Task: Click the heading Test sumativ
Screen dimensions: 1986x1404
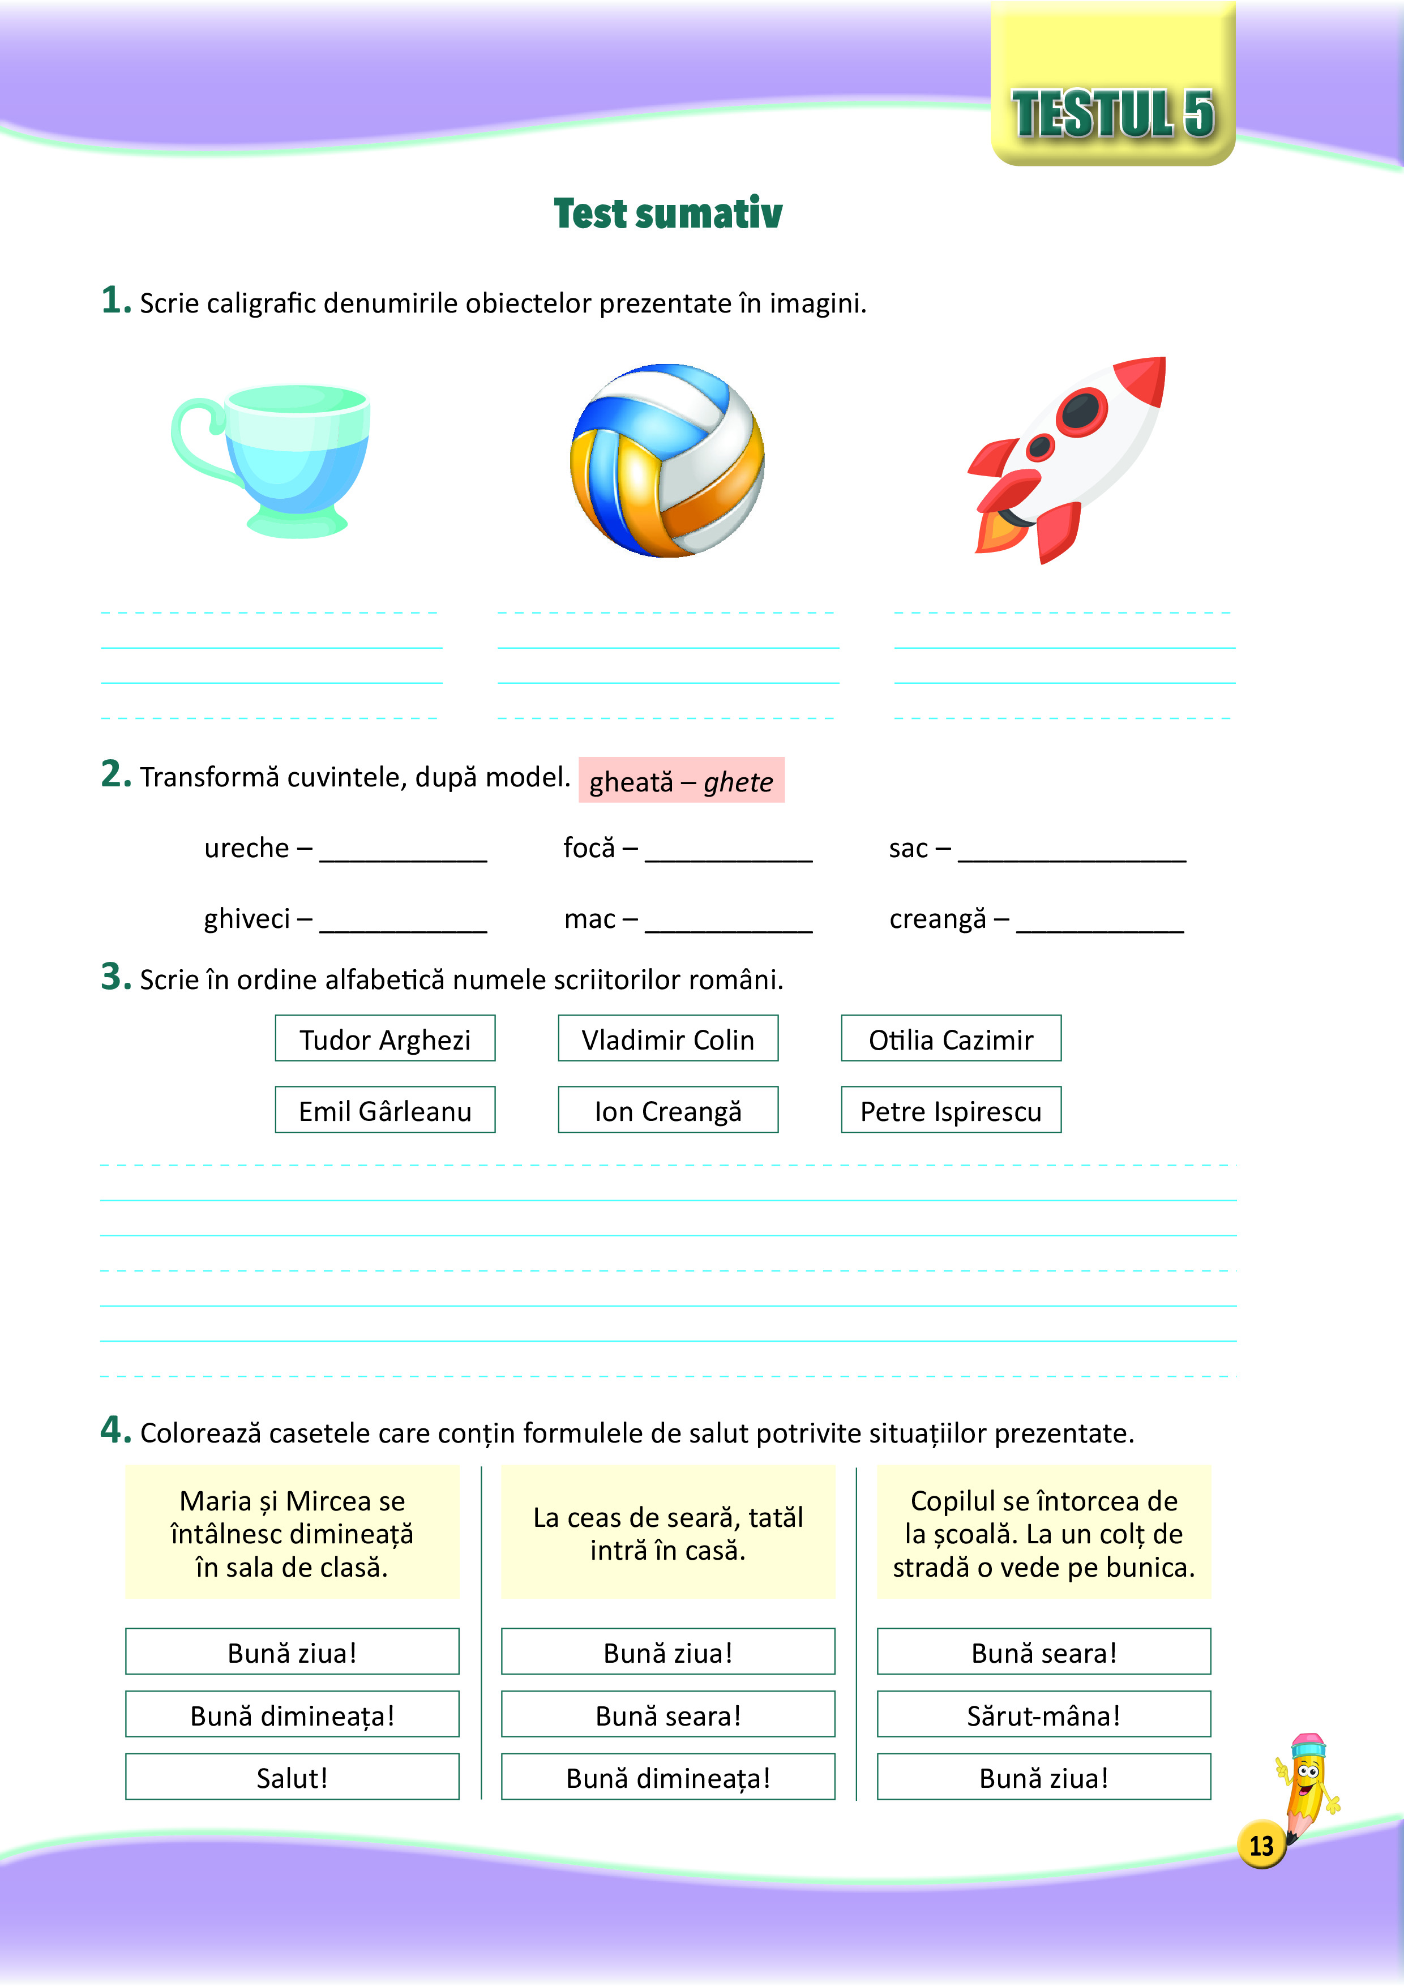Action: [668, 213]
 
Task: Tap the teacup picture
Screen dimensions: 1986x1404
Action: [277, 459]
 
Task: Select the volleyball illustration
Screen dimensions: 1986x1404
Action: [667, 461]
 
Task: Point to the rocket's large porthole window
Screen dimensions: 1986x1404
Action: [1082, 409]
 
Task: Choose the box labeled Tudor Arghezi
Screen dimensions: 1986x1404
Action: [385, 1039]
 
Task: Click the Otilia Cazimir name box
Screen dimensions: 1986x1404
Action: [951, 1039]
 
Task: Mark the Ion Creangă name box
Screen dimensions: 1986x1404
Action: [668, 1111]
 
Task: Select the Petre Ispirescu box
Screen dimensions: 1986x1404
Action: [951, 1111]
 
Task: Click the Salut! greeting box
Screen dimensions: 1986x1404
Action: [292, 1778]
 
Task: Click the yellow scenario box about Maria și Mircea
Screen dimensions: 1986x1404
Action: [292, 1533]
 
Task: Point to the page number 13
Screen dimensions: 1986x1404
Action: [1261, 1845]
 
